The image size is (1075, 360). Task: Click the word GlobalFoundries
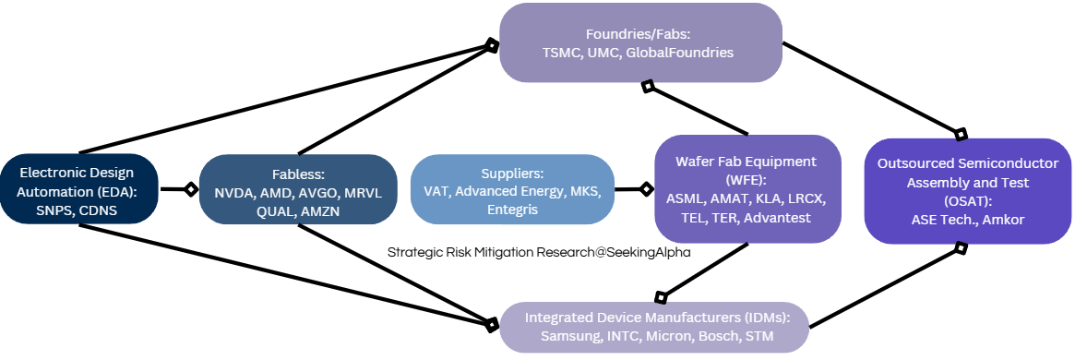click(x=679, y=53)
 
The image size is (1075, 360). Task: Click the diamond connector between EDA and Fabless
click(x=191, y=189)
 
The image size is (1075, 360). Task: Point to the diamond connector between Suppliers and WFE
click(x=646, y=189)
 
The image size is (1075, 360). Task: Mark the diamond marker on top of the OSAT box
click(x=961, y=132)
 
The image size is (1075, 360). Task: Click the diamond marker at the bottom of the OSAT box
click(x=961, y=247)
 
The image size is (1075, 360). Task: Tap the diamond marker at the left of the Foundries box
click(x=492, y=42)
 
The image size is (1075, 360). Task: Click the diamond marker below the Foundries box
click(x=648, y=86)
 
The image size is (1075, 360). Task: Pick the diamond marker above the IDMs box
click(x=661, y=297)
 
